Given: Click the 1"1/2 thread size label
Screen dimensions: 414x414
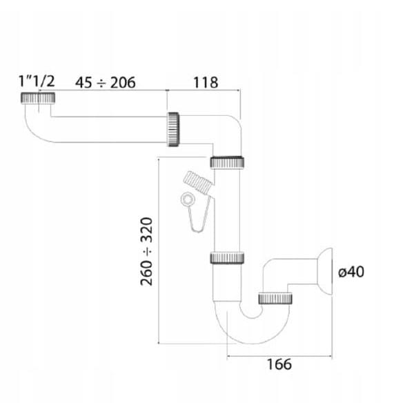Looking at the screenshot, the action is (37, 81).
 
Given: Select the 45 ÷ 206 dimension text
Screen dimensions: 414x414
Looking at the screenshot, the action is (106, 82).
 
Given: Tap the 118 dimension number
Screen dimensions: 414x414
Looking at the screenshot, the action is (206, 83).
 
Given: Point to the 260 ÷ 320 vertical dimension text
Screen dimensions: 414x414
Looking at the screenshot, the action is (147, 252).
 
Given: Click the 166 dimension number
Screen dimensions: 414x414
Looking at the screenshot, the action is (279, 364).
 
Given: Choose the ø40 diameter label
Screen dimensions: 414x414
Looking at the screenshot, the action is (351, 272).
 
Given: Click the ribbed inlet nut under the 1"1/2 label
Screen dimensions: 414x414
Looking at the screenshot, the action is (38, 98).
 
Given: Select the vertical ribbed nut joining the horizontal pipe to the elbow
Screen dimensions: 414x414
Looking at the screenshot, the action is (173, 130).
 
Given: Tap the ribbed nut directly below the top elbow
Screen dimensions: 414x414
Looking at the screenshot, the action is (227, 162).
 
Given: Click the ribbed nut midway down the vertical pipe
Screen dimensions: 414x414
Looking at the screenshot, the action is (227, 258).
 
